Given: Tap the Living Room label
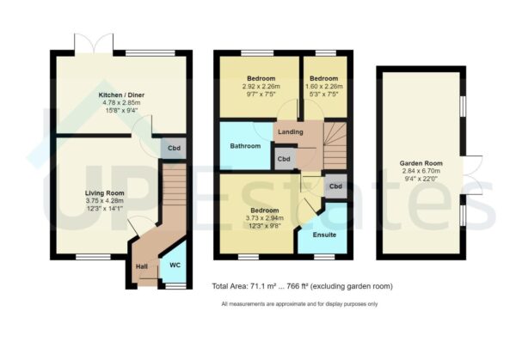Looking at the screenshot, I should [x=105, y=193].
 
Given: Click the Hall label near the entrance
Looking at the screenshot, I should [x=141, y=266].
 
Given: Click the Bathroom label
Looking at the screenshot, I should [x=245, y=146].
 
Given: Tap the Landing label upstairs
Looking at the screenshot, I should [x=290, y=131].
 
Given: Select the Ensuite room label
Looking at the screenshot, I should [x=325, y=235].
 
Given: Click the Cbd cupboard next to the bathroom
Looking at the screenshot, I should [x=284, y=159].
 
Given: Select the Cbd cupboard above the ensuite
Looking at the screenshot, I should [x=335, y=186].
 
